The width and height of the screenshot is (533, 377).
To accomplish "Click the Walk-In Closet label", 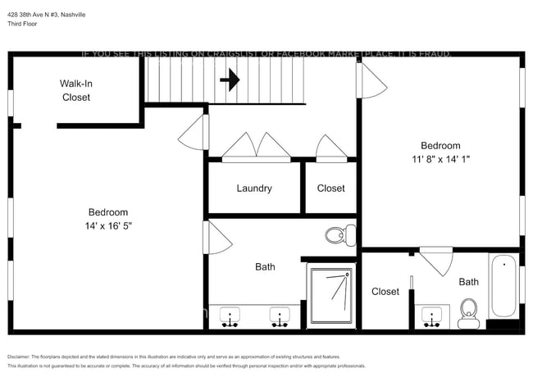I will pyautogui.click(x=76, y=90).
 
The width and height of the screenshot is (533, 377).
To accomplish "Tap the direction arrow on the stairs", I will pyautogui.click(x=230, y=79).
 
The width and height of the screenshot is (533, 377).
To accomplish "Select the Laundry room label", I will pyautogui.click(x=254, y=188).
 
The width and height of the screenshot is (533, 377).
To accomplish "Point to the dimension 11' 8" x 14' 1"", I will pyautogui.click(x=441, y=159).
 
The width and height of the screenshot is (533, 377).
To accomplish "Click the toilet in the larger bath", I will pyautogui.click(x=335, y=236).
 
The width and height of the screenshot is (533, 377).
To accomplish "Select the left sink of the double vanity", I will pyautogui.click(x=230, y=316).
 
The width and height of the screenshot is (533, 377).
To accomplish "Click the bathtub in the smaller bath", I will pyautogui.click(x=503, y=287).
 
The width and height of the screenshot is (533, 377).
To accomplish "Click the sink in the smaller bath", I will pyautogui.click(x=430, y=316).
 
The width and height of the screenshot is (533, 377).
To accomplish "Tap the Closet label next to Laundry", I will pyautogui.click(x=331, y=188).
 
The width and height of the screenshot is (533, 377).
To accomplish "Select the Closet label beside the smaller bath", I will pyautogui.click(x=385, y=292).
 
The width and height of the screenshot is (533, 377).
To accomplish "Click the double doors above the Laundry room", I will pyautogui.click(x=257, y=147).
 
